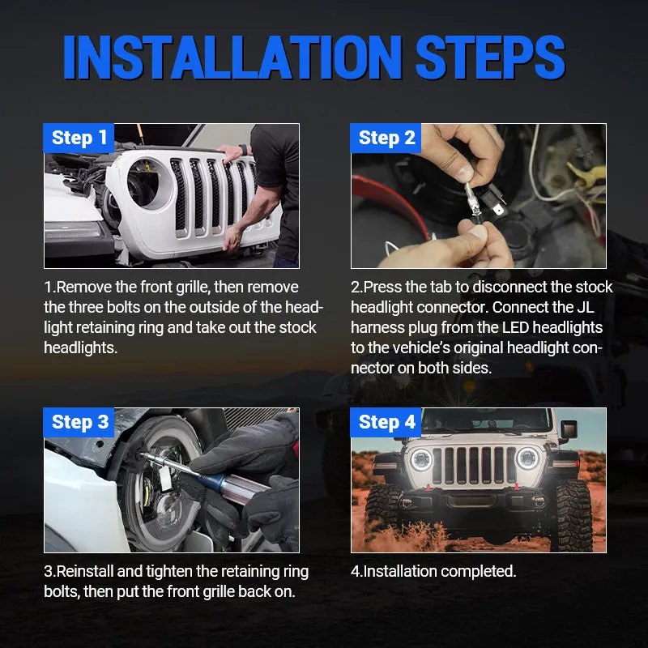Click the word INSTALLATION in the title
[233, 58]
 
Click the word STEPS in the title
[491, 58]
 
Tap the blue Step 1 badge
[79, 139]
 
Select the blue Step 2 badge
[386, 139]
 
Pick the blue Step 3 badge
[79, 422]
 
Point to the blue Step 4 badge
[386, 422]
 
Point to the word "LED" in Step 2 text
[505, 327]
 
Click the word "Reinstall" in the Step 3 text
[89, 571]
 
